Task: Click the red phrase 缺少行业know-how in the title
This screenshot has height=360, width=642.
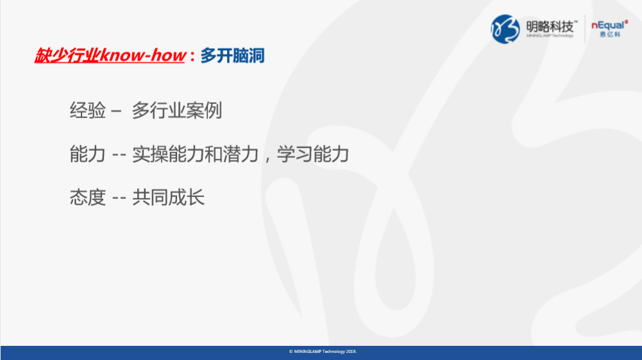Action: click(x=110, y=55)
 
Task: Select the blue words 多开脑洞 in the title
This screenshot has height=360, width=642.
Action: click(x=232, y=56)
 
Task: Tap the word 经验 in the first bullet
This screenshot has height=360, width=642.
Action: click(x=88, y=110)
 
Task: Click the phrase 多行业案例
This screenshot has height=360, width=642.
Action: click(x=176, y=110)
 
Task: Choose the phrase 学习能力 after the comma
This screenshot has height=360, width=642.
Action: click(x=313, y=155)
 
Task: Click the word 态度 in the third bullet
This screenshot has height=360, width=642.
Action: click(x=88, y=198)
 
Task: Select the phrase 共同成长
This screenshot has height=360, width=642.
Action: click(x=168, y=198)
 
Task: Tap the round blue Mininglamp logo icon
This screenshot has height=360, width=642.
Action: click(x=505, y=29)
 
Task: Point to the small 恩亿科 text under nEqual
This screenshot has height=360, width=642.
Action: click(x=610, y=35)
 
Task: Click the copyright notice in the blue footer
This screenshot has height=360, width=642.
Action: click(x=323, y=352)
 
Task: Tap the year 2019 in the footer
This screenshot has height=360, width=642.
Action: click(x=350, y=352)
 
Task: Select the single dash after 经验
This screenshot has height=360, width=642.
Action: click(x=116, y=112)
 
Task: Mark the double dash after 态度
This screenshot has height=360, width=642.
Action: click(x=119, y=198)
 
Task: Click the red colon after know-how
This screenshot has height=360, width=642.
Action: click(x=192, y=56)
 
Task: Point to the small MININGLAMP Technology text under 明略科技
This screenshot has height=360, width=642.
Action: click(x=550, y=36)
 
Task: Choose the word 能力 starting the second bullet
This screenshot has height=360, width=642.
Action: click(x=88, y=155)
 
